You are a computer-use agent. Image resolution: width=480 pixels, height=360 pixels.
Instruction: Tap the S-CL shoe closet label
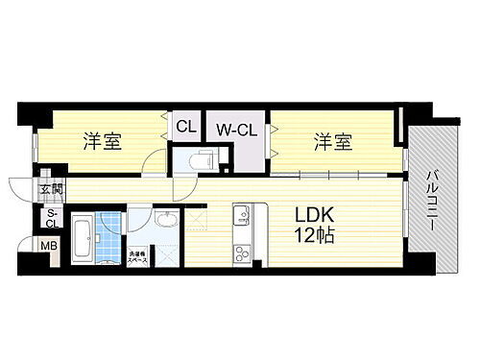point(50,219)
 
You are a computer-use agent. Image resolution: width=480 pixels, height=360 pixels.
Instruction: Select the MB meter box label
point(48,247)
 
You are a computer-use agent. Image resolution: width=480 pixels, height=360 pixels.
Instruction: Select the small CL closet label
point(185,124)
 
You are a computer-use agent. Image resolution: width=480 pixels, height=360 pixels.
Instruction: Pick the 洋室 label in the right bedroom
point(332,144)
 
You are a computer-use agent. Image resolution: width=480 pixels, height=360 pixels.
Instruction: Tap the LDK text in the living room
point(316,215)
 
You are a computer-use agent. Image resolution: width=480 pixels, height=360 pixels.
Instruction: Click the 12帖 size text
point(316,236)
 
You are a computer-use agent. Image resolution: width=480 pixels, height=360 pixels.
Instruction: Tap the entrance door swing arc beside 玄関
point(21,186)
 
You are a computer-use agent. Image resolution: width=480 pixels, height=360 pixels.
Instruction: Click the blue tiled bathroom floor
point(112,234)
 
